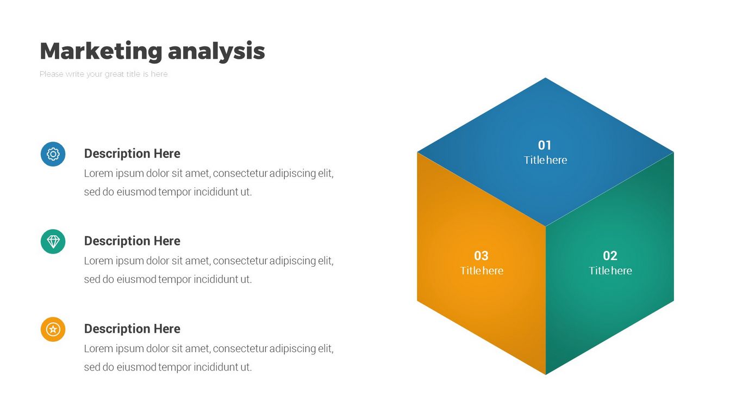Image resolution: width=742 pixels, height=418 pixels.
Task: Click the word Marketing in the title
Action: coord(101,51)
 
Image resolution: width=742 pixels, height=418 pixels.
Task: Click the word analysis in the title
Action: coord(217,51)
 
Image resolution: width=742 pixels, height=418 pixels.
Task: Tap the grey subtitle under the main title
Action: coord(103,74)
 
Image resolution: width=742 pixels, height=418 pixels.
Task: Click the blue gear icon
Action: coord(53,154)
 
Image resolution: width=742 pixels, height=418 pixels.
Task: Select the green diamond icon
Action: coord(53,242)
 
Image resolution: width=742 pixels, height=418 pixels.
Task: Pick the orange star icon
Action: coord(53,329)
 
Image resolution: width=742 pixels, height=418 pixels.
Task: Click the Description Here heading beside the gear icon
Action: coord(132,153)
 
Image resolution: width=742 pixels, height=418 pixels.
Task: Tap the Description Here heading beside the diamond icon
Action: coord(132,241)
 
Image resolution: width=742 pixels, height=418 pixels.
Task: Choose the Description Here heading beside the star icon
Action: coord(132,329)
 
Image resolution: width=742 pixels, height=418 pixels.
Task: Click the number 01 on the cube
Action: coord(545,145)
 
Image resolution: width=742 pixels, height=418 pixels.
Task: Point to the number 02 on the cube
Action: coord(610,256)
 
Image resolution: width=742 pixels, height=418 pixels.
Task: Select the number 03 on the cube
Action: coord(481,256)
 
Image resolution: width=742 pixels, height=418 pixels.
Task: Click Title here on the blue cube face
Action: coord(545,160)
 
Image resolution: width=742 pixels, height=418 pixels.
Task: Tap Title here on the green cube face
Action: coord(610,271)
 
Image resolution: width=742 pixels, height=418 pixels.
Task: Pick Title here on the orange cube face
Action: coord(482,271)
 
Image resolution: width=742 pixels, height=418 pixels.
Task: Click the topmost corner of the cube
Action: coord(545,78)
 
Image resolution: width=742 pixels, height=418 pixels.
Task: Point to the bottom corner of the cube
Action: coord(546,374)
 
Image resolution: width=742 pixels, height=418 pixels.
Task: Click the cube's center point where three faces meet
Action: coord(546,226)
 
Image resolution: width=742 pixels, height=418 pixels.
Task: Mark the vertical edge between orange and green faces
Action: coord(546,300)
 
